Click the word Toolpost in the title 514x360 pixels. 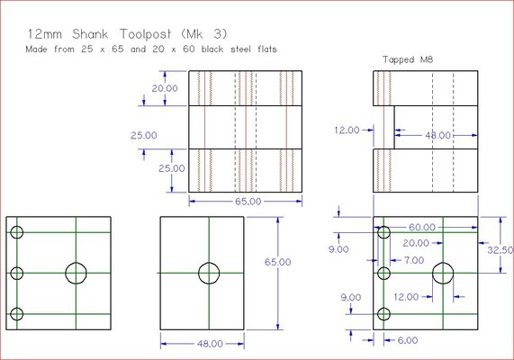[x=145, y=34]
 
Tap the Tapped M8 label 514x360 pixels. [x=408, y=59]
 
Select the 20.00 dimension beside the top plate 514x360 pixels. [x=165, y=88]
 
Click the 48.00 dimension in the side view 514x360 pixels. [x=438, y=135]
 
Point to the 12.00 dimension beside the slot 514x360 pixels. [x=347, y=130]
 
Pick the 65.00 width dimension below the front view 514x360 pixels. [x=248, y=202]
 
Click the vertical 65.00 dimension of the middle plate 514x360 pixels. [x=277, y=262]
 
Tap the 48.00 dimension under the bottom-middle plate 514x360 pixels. [x=210, y=344]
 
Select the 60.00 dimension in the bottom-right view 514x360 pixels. [x=422, y=227]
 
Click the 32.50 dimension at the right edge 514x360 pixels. [x=500, y=250]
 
